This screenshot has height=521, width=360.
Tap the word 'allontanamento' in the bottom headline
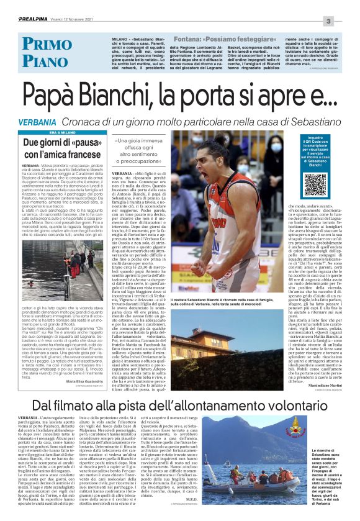point(229,405)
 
